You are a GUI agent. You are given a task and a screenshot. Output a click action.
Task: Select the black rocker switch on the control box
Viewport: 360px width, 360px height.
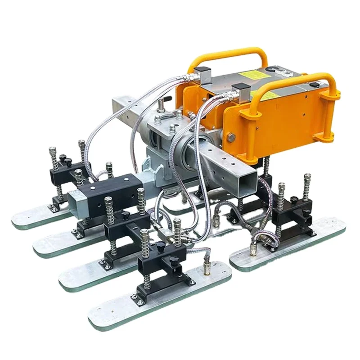[315, 84]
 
